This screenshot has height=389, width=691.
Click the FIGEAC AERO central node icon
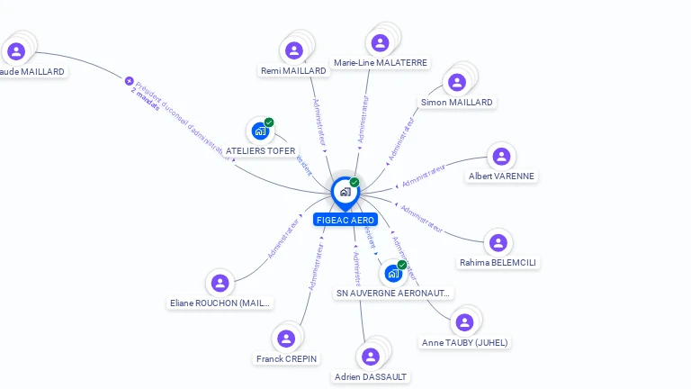point(345,191)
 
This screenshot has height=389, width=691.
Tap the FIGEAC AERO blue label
point(345,220)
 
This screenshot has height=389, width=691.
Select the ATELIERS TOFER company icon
point(260,131)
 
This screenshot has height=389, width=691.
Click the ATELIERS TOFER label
point(260,151)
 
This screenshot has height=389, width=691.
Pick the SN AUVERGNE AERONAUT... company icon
point(393,273)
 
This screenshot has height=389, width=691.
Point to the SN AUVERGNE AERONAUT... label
point(393,293)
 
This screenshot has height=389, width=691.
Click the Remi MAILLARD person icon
point(293,50)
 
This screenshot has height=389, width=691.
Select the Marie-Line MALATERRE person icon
point(380,42)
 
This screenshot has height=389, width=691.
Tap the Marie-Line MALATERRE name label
point(380,63)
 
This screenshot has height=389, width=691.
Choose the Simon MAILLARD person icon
point(457,82)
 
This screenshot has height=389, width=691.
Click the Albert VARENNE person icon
point(501,156)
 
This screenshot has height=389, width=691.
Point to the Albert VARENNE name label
point(501,176)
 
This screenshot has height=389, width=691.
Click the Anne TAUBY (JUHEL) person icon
point(464,321)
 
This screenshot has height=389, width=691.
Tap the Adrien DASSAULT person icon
point(370,356)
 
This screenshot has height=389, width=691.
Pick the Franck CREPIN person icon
point(286,339)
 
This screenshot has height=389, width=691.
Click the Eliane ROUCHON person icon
point(220,283)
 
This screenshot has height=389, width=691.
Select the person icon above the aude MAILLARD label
point(15,50)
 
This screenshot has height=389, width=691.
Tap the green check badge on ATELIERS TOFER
point(269,122)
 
